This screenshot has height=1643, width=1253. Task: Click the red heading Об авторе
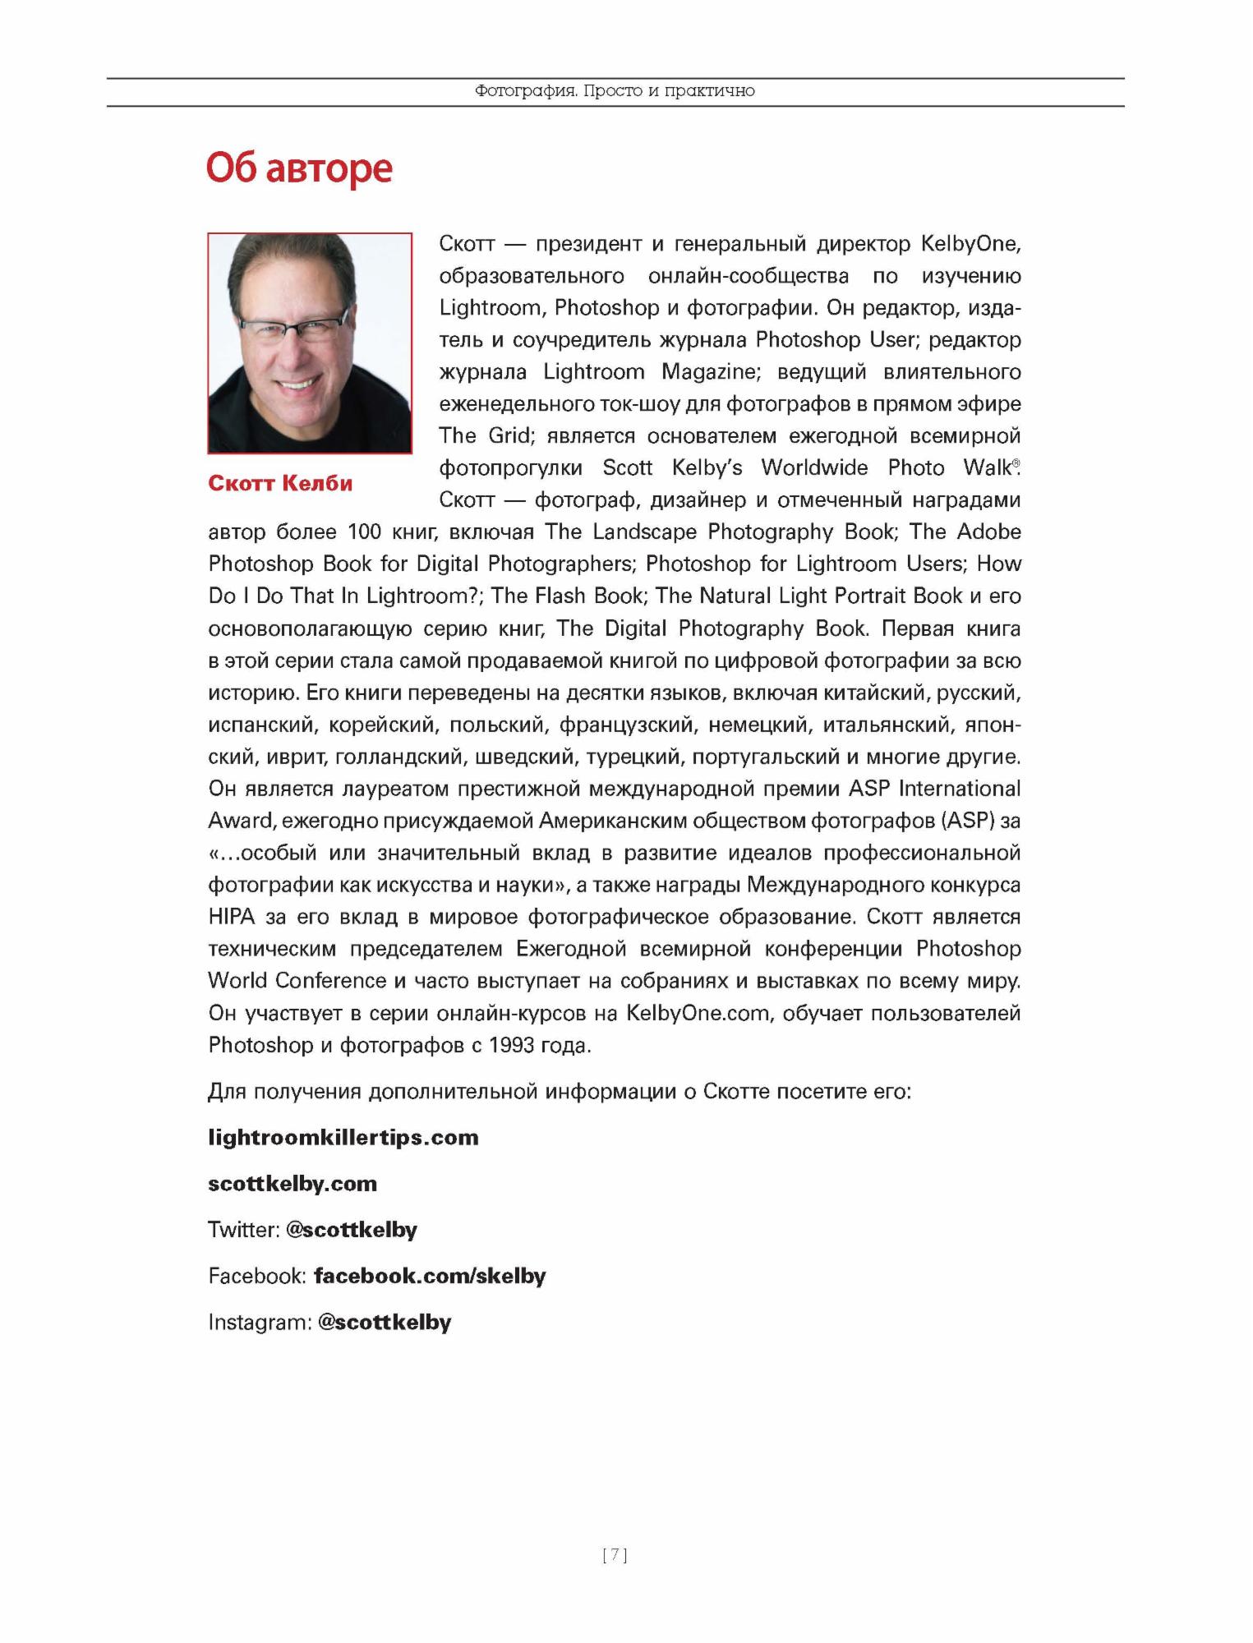pyautogui.click(x=299, y=168)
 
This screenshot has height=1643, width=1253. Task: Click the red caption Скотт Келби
pyautogui.click(x=280, y=483)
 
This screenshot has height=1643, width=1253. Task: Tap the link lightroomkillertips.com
pyautogui.click(x=343, y=1138)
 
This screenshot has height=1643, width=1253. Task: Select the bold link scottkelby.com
pyautogui.click(x=292, y=1184)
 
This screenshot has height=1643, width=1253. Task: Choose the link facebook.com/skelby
pyautogui.click(x=430, y=1276)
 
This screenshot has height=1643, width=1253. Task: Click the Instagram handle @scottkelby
pyautogui.click(x=385, y=1322)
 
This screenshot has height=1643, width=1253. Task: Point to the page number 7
pyautogui.click(x=615, y=1554)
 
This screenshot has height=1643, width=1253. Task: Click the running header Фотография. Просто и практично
pyautogui.click(x=615, y=91)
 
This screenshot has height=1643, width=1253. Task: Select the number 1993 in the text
pyautogui.click(x=517, y=1045)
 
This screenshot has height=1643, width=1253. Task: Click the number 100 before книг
pyautogui.click(x=365, y=532)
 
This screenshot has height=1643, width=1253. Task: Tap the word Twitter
pyautogui.click(x=242, y=1230)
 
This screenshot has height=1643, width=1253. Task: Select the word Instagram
pyautogui.click(x=260, y=1322)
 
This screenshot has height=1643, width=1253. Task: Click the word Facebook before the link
pyautogui.click(x=256, y=1276)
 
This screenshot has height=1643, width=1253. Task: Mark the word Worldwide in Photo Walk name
pyautogui.click(x=813, y=467)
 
